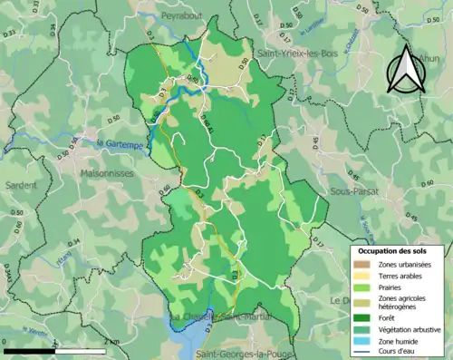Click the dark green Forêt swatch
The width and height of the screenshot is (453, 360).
(x=361, y=316)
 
